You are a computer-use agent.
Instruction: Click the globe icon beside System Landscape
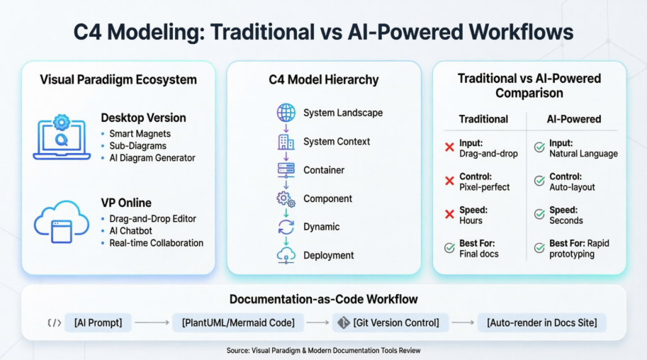tap(286, 113)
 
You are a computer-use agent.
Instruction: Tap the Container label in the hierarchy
tap(324, 170)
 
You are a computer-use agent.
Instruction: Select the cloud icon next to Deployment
tap(286, 255)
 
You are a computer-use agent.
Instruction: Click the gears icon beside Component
tap(286, 199)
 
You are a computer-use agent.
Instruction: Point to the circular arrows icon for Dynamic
tap(286, 227)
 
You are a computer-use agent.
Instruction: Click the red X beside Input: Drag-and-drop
tap(449, 148)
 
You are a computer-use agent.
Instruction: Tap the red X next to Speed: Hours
tap(449, 215)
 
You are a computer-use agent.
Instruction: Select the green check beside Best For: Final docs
tap(449, 248)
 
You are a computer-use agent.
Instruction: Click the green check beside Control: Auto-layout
tap(539, 181)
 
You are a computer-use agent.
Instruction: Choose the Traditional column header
tap(483, 120)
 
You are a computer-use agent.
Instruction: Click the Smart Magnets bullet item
tap(140, 133)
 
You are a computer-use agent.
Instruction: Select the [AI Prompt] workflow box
tap(98, 323)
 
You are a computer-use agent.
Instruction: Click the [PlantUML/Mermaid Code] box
tap(238, 323)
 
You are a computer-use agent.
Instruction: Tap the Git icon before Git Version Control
tap(344, 323)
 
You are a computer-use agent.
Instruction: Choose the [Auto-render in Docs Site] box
tap(542, 323)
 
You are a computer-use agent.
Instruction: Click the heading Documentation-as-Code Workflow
tap(323, 299)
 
